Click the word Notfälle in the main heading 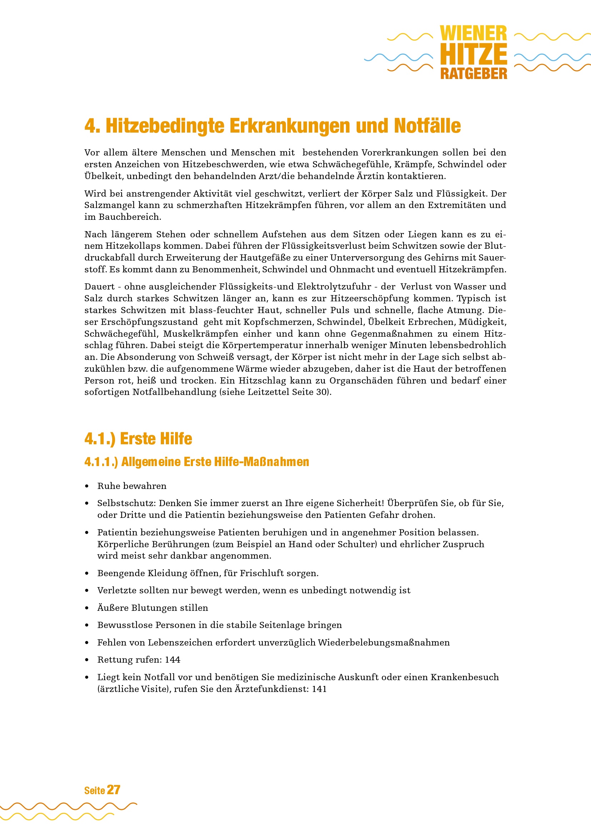[x=427, y=126]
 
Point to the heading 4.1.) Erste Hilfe [x=138, y=439]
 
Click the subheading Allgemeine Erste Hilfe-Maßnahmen [x=215, y=462]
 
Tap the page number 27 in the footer [x=114, y=790]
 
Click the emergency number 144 [x=173, y=660]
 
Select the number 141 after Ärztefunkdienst [x=319, y=689]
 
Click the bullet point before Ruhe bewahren [x=86, y=486]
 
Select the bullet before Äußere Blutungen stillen [x=86, y=608]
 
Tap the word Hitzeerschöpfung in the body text [x=370, y=298]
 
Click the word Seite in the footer [x=94, y=791]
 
